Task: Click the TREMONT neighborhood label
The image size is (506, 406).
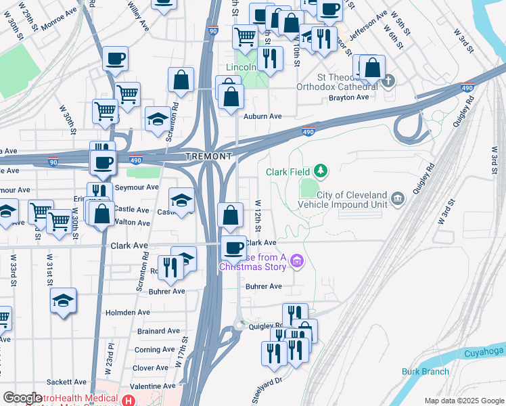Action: click(210, 156)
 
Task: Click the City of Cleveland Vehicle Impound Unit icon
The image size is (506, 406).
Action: click(397, 198)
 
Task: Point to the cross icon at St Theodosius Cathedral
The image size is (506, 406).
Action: click(388, 81)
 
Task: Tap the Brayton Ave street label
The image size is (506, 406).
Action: click(348, 97)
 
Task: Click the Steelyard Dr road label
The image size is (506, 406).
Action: click(267, 391)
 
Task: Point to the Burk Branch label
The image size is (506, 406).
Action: click(425, 371)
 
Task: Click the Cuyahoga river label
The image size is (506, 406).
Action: click(484, 353)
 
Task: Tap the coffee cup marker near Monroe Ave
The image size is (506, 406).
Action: click(115, 58)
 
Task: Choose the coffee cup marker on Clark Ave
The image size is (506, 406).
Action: click(234, 248)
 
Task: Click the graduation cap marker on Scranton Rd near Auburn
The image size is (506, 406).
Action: click(158, 118)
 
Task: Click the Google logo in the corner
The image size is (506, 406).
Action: click(23, 398)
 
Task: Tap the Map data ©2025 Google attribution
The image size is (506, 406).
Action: click(463, 401)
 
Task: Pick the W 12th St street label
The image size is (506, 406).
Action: click(258, 213)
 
